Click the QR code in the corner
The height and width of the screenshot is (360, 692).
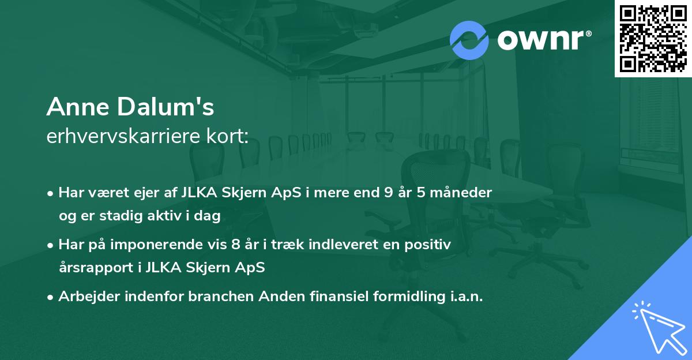pyautogui.click(x=653, y=38)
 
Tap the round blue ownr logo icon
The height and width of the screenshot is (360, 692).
pyautogui.click(x=469, y=40)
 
